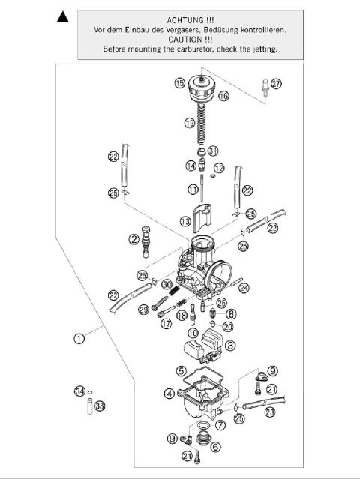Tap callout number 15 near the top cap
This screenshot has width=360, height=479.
pos(179,82)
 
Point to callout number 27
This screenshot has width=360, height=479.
pos(277,84)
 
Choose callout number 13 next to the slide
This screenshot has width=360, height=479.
pos(184,220)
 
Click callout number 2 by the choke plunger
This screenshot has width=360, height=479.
pos(133,240)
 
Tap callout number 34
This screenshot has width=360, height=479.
pos(79,391)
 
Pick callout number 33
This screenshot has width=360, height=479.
pos(100,406)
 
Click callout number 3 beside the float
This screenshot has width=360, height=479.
pos(231,346)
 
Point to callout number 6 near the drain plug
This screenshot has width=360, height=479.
pos(216,447)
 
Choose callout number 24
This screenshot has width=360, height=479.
pos(244,287)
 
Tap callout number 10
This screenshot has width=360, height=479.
pos(193,333)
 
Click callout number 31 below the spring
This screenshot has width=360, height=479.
pos(213,151)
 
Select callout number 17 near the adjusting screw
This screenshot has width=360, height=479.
pos(166,324)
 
